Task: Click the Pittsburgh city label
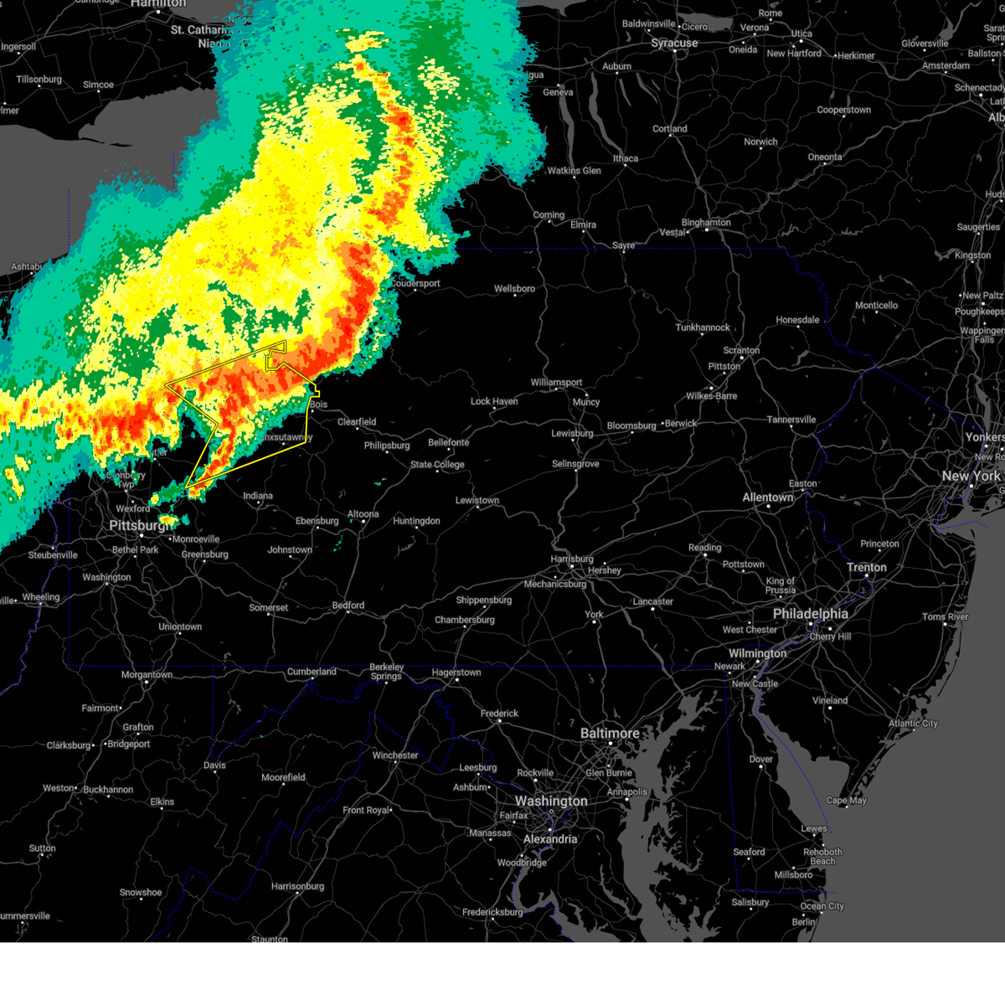coord(139,525)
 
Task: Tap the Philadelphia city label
coord(810,614)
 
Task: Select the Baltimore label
coord(610,733)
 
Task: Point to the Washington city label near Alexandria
coord(551,801)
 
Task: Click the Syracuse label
coord(674,43)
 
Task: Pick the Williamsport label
coord(556,383)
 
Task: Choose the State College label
coord(437,465)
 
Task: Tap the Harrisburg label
coord(572,559)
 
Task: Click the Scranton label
coord(741,350)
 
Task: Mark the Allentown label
coord(767,497)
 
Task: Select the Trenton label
coord(866,567)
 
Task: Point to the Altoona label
coord(363,514)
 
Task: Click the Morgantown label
coord(147,674)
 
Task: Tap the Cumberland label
coord(312,672)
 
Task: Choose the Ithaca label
coord(625,158)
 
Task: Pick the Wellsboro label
coord(514,289)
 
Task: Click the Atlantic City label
coord(913,723)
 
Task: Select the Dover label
coord(760,760)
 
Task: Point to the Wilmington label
coord(757,653)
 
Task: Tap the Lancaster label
coord(653,601)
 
